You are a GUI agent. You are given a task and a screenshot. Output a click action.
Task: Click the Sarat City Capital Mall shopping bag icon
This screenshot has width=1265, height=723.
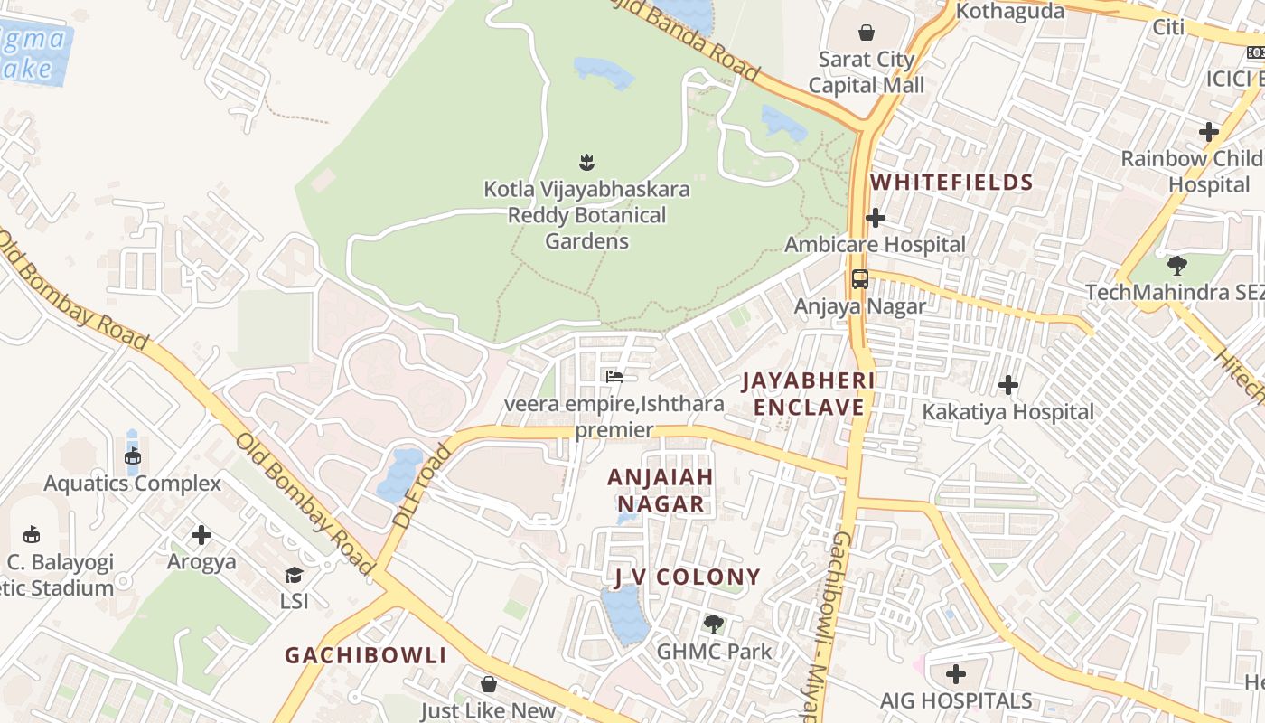coord(867,33)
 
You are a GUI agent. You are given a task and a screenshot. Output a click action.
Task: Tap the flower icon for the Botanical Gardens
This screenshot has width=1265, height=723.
coord(586,163)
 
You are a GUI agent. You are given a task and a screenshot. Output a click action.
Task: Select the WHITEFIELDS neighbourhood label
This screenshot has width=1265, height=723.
coord(951,183)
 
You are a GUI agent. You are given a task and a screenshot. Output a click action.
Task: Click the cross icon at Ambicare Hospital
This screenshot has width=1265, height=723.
coord(875,218)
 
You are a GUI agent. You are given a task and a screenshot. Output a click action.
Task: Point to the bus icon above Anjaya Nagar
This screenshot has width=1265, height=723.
coord(859,279)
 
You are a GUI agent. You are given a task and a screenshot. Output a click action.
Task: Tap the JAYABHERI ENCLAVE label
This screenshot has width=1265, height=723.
coord(809,394)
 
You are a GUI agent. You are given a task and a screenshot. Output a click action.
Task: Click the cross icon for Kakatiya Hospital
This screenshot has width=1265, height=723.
coord(1007,385)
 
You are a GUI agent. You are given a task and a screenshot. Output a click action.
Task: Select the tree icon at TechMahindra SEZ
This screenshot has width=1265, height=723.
coord(1176,266)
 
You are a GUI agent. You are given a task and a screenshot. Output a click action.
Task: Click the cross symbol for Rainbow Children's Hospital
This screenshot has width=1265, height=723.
coord(1208,132)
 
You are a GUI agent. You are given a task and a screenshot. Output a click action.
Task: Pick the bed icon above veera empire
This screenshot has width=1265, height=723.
coord(614,376)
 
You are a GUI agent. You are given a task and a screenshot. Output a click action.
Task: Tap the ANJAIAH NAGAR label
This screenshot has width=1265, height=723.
coord(661,490)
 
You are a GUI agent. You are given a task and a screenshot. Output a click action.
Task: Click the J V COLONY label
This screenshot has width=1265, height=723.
coord(687,577)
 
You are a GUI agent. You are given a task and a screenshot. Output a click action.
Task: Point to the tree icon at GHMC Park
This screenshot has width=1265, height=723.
coord(713,624)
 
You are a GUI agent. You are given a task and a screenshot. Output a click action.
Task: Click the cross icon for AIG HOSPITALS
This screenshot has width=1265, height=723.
coord(956,674)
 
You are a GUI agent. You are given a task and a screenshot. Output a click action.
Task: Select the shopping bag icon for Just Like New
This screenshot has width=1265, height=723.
coord(488,684)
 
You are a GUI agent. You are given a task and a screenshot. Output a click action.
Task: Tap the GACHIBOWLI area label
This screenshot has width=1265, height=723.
coord(366,655)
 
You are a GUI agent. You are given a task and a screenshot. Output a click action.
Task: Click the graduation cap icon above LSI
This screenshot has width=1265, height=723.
coord(294,575)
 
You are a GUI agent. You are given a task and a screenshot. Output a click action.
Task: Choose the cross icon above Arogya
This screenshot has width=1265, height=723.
coord(201,535)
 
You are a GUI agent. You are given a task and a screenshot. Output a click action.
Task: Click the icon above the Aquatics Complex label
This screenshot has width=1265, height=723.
coord(133,456)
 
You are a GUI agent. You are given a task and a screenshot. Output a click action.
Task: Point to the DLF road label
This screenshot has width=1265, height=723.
coord(422,486)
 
